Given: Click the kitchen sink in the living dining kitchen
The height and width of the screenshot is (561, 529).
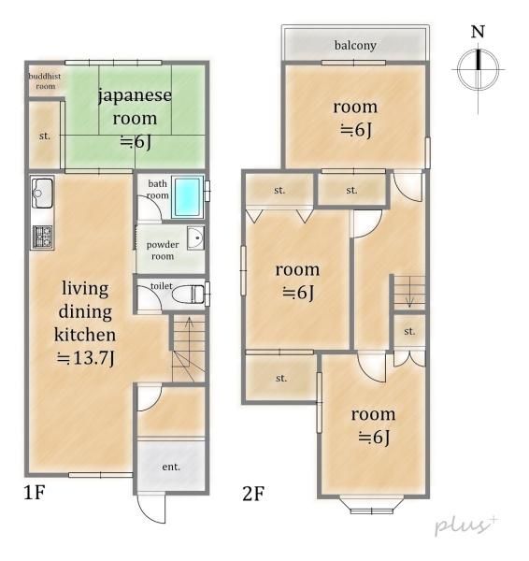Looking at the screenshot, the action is click(42, 193).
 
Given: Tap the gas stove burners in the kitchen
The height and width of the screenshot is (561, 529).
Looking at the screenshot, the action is click(43, 237).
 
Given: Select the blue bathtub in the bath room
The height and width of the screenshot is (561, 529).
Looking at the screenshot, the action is click(188, 197).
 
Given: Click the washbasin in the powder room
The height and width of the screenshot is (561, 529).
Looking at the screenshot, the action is click(195, 237).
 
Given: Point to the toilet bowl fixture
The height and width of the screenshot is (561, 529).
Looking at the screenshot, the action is click(189, 295).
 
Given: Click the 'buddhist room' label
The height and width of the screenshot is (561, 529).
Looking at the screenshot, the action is click(45, 80).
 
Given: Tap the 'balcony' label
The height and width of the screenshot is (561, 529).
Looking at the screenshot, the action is click(355, 46).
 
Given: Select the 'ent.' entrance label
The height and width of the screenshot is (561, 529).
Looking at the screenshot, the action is click(171, 467).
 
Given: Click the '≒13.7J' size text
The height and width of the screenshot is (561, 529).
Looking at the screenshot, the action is click(85, 358).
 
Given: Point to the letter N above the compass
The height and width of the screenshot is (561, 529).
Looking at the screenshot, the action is click(478, 32).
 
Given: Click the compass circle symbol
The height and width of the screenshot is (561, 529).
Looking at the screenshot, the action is click(479, 69).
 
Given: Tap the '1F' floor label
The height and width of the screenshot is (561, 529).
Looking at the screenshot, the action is click(35, 493).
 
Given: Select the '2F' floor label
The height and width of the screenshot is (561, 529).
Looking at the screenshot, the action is click(253, 494).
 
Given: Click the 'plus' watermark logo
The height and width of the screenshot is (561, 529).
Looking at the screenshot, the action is click(465, 525).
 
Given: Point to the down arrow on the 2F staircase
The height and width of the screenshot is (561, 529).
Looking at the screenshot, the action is click(410, 293).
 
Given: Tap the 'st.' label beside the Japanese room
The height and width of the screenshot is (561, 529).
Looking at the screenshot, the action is click(44, 137).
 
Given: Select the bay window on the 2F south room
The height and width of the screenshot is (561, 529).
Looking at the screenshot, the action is click(372, 505).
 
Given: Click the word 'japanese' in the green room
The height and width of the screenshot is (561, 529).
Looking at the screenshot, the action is click(135, 96).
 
